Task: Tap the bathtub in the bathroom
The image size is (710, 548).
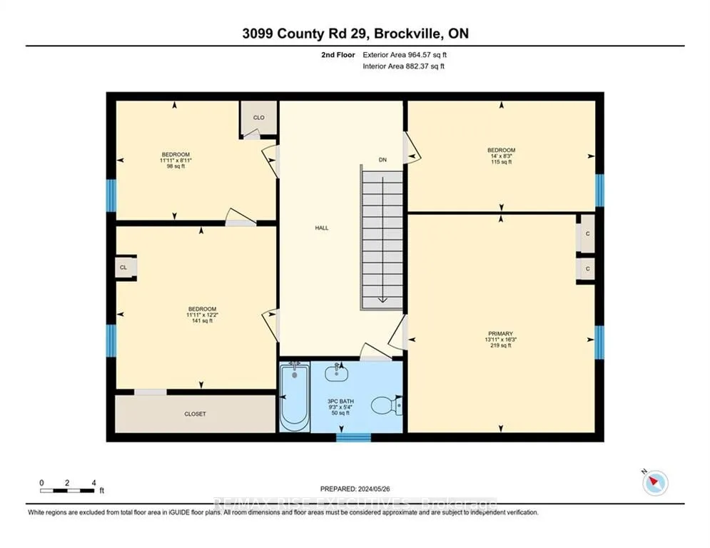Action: tap(293, 397)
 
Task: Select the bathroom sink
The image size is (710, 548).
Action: tap(335, 372)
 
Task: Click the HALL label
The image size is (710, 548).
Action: tap(322, 228)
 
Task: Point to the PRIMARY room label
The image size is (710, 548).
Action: tap(500, 333)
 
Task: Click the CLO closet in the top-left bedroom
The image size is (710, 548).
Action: tap(259, 118)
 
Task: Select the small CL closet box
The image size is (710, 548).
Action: tap(123, 268)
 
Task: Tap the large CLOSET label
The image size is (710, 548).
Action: tap(195, 414)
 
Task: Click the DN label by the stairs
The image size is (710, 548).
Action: tap(382, 160)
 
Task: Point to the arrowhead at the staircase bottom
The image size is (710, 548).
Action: tap(382, 300)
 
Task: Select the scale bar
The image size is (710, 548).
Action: tap(68, 490)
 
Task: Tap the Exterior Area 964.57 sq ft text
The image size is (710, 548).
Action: tap(405, 54)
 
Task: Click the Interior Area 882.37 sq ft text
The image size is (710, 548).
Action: tap(405, 66)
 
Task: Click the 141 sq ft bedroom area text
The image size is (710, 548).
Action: tap(201, 321)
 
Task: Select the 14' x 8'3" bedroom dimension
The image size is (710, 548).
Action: tap(500, 156)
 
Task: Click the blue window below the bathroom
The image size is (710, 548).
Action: tap(353, 437)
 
